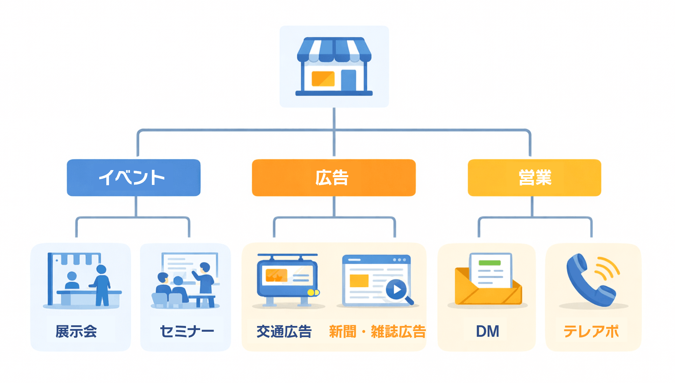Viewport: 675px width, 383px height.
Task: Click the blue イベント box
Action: pos(133,177)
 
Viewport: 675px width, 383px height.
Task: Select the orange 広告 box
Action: pos(333,177)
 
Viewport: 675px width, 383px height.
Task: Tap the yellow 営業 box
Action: pos(534,177)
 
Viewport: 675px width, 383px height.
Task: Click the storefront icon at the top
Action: pos(334,66)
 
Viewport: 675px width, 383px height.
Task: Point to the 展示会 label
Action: pos(76,331)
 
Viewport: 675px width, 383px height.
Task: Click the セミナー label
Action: pos(187,331)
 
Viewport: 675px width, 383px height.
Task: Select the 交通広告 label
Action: pos(284,331)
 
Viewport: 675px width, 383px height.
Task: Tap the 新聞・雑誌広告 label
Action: pos(377,331)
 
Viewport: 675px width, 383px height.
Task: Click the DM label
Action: pos(487,331)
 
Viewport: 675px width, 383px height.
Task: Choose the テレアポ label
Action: pos(591,331)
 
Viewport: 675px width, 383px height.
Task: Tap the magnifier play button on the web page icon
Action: pos(397,290)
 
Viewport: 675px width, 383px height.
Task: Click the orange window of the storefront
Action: pos(323,79)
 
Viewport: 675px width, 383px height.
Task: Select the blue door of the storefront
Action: pos(348,80)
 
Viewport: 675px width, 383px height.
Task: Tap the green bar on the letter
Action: pos(489,263)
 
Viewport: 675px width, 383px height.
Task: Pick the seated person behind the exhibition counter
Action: pos(72,281)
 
